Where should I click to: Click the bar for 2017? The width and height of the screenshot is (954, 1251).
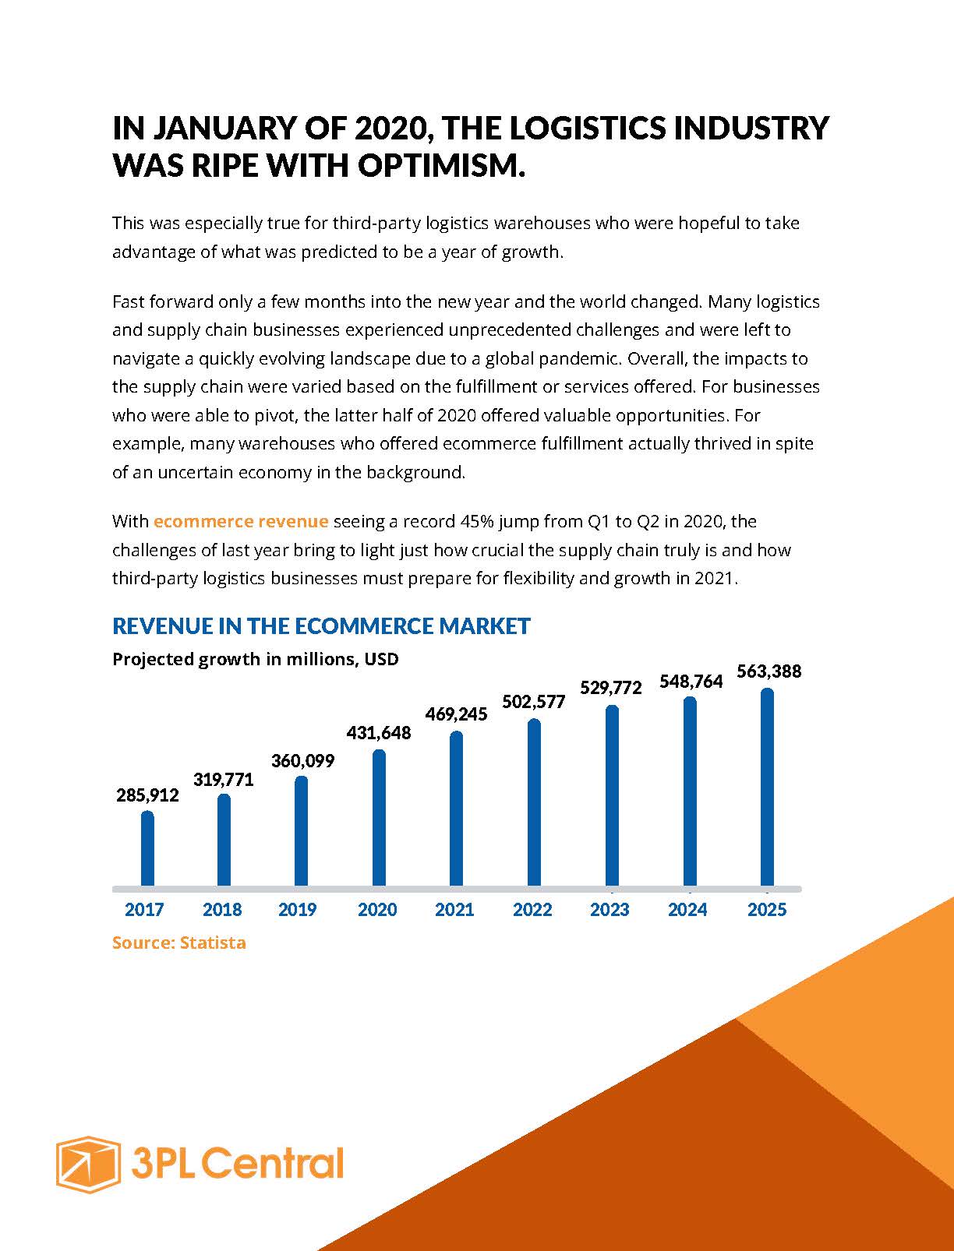pos(147,849)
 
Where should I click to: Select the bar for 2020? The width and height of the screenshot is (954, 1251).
pos(379,818)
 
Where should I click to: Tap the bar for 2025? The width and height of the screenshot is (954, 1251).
pos(767,788)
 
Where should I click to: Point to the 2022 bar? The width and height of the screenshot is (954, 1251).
pos(534,802)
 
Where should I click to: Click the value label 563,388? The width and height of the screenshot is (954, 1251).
pos(768,671)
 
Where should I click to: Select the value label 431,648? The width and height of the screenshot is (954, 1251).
pos(378,733)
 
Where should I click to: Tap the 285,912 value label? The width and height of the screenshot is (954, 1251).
pos(147,795)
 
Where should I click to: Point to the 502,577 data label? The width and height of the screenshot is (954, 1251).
pos(533,702)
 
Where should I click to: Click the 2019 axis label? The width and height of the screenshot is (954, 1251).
pos(297,910)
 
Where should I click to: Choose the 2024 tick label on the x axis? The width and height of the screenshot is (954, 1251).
pos(687,910)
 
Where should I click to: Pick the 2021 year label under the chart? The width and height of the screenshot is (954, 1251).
pos(454,910)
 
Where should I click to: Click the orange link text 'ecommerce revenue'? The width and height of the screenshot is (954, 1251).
pos(241,521)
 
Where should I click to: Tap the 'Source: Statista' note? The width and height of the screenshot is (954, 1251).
pos(179,943)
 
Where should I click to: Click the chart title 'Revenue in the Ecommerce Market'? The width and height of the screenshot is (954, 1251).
pos(321,625)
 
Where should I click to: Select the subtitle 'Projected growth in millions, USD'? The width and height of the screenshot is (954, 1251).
pos(256,659)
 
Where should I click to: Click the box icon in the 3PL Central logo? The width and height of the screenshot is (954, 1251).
pos(87,1164)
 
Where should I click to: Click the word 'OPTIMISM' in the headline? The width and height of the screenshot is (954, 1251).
pos(441,165)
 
